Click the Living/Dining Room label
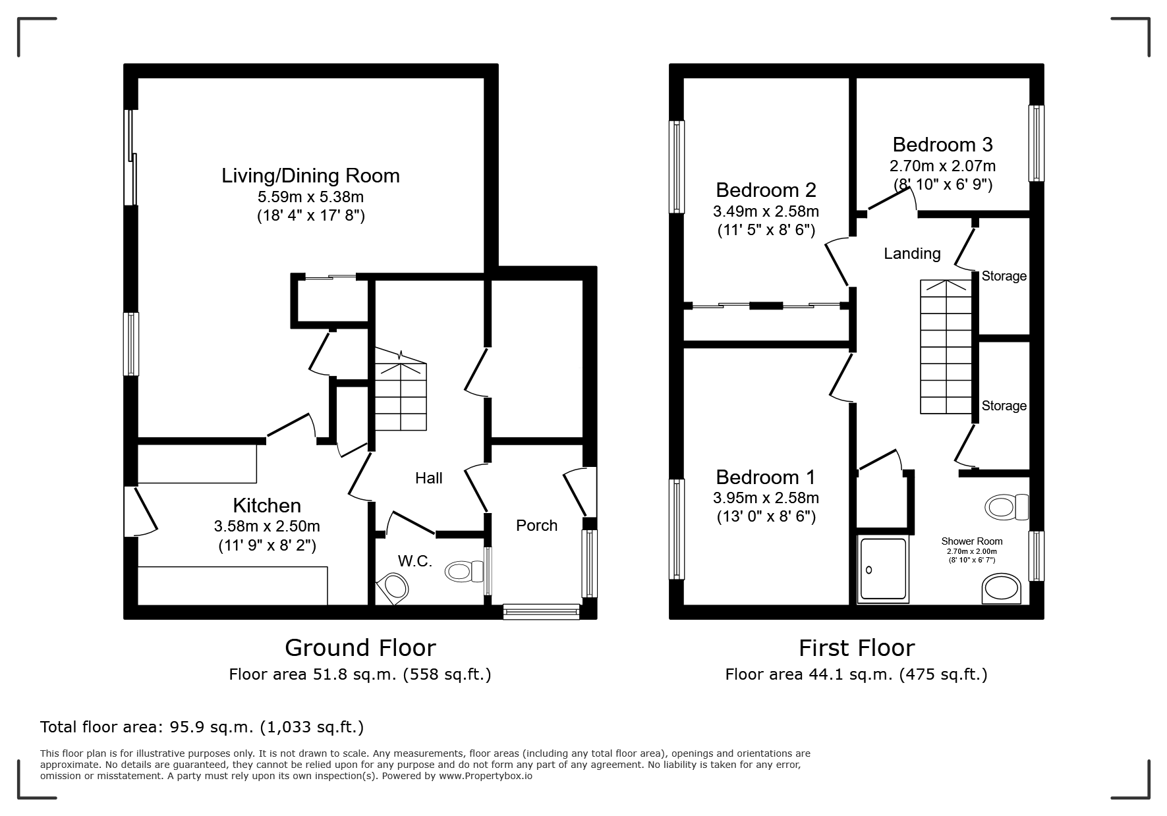tap(310, 176)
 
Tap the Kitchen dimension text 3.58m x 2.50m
tap(267, 526)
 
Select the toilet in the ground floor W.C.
tap(465, 571)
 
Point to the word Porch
tap(536, 526)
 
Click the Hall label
tap(428, 478)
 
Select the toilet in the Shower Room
tap(1007, 507)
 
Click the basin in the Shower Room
tap(1002, 588)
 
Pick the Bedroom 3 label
tap(942, 145)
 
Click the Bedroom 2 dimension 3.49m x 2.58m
tap(766, 211)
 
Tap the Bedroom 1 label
tap(766, 477)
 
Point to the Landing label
tap(912, 254)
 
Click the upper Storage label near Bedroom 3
tap(1004, 276)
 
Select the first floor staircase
tap(946, 346)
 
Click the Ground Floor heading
tap(360, 648)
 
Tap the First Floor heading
tap(857, 648)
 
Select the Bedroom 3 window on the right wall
tap(1037, 143)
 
